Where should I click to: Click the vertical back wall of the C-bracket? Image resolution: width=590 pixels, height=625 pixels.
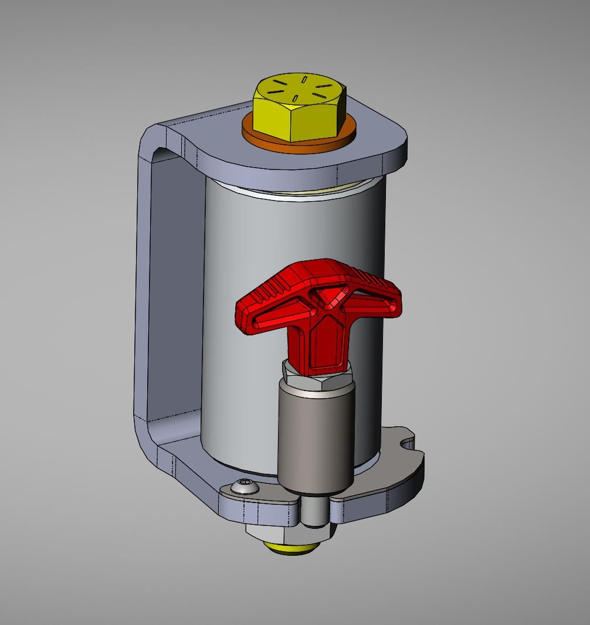click(170, 293)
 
